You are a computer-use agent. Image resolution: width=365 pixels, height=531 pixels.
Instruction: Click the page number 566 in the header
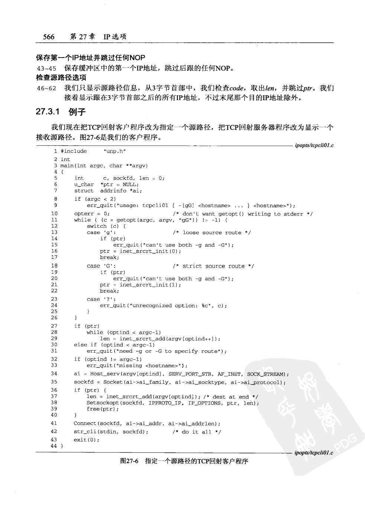point(49,36)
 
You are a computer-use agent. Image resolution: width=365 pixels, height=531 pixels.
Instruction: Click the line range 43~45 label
point(46,68)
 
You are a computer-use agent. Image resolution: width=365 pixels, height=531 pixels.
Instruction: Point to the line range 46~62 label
point(46,88)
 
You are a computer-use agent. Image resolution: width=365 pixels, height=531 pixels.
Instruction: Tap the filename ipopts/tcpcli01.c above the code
point(314,145)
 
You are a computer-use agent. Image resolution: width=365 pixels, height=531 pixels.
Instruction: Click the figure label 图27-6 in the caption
point(129,461)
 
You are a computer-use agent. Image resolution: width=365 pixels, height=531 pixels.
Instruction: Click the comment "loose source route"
point(212,232)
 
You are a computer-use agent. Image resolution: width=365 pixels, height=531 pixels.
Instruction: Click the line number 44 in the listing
point(54,446)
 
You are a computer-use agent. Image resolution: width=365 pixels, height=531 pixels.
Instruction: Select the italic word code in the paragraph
point(237,88)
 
